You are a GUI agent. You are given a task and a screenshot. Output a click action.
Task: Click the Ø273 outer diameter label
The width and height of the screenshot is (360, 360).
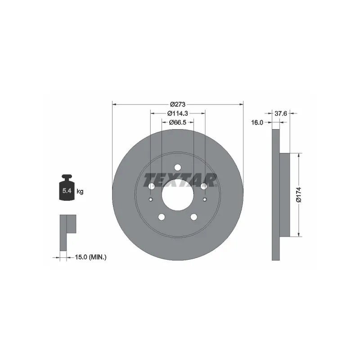point(178,104)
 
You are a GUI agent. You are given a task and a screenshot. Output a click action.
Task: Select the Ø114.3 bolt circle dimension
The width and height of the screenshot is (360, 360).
point(178,113)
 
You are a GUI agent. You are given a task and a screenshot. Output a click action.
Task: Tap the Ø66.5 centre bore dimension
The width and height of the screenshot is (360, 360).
point(178,122)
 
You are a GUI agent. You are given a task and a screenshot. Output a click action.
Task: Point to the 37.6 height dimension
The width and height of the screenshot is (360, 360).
point(281,113)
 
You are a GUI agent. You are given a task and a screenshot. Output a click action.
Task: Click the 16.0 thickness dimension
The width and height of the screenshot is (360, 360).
point(257,122)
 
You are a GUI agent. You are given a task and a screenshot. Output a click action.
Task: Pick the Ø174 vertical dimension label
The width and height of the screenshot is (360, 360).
point(299,195)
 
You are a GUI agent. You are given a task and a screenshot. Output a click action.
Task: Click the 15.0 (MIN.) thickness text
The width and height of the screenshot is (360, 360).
point(91,257)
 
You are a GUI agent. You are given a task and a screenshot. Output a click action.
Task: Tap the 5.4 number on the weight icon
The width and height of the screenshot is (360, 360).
point(67,190)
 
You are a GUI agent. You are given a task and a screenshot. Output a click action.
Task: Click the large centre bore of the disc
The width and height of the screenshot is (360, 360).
point(178,195)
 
